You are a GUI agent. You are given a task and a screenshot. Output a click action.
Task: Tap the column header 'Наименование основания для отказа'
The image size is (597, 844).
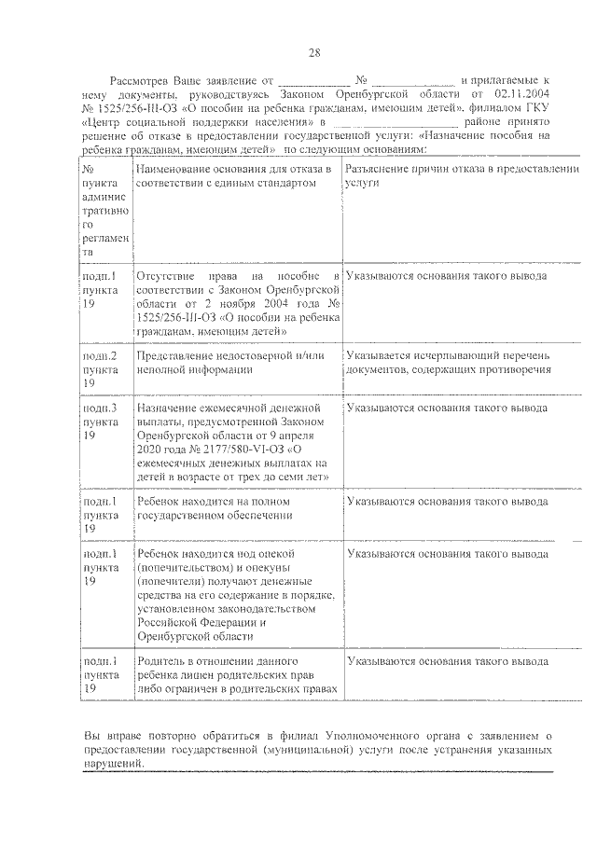tap(234, 175)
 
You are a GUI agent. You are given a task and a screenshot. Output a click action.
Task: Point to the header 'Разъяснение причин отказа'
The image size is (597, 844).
tap(461, 175)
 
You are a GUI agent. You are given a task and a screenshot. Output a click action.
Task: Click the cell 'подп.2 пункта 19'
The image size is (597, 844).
tap(100, 369)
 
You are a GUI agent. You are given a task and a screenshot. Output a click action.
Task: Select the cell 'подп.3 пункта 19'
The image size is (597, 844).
tap(100, 422)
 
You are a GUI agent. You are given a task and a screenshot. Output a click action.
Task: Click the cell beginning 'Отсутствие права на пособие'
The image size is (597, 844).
tap(236, 303)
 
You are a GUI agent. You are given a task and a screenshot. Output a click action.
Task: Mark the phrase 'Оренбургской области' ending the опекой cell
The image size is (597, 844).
tap(194, 636)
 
